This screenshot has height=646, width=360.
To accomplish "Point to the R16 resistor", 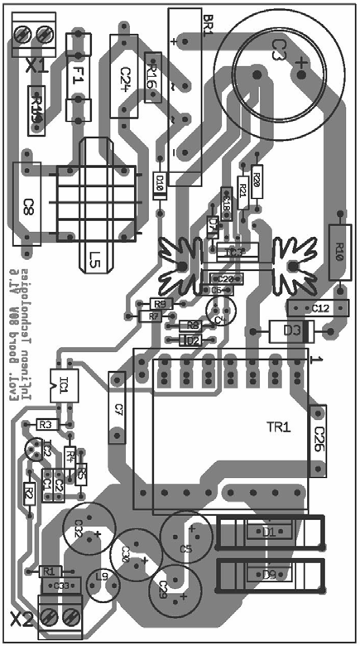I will [x=151, y=78].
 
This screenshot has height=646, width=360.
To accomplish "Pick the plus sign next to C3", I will [x=301, y=64].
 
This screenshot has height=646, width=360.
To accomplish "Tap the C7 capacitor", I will [x=118, y=410].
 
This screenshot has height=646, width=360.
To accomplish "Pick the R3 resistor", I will [x=46, y=424].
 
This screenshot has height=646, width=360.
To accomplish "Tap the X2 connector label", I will [x=22, y=618].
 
